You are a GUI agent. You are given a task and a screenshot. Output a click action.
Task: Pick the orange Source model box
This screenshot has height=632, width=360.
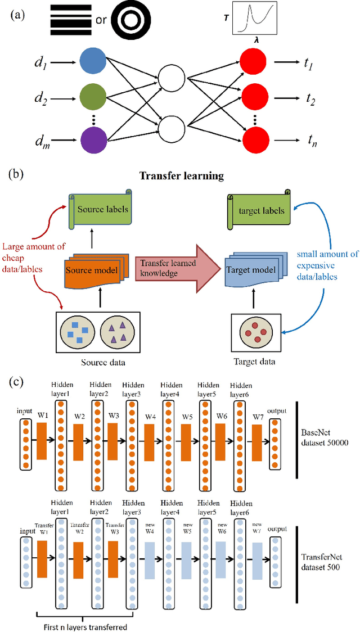(92, 270)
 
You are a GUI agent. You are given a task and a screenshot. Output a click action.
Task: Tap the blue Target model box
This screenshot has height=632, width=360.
(249, 270)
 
